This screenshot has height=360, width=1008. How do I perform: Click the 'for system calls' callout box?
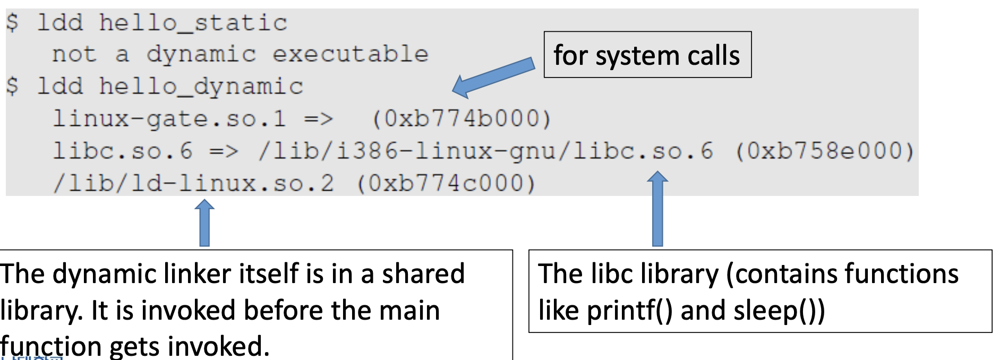[647, 55]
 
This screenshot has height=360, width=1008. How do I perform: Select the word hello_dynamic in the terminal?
[201, 87]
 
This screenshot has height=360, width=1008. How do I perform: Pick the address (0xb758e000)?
[824, 151]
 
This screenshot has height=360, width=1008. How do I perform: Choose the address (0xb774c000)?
[446, 184]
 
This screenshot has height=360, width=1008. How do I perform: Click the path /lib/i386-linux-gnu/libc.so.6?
[485, 151]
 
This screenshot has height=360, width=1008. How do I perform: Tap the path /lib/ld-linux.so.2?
[193, 184]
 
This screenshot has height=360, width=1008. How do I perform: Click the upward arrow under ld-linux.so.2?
[204, 223]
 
